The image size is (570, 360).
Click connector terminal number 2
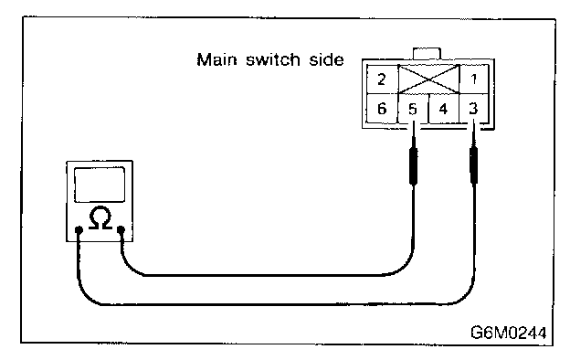tap(382, 79)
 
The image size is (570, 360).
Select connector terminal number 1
tap(474, 79)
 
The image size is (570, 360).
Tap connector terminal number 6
tap(382, 109)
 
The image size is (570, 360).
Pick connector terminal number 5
tap(413, 109)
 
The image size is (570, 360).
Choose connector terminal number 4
tap(444, 109)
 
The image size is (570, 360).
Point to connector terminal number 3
tap(474, 109)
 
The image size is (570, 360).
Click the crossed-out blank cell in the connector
tap(429, 79)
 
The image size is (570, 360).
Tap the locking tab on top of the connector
tap(427, 54)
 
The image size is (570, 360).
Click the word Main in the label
tap(216, 59)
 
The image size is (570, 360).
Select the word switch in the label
tap(273, 59)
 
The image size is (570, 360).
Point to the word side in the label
tap(326, 59)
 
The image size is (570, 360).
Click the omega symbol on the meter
tap(100, 217)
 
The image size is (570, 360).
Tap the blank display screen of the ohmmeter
tap(100, 185)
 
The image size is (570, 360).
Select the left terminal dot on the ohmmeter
tap(79, 230)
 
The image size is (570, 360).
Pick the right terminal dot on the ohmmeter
tap(121, 229)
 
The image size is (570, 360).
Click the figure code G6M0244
tap(509, 333)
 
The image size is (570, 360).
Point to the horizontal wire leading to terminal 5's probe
tap(266, 275)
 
